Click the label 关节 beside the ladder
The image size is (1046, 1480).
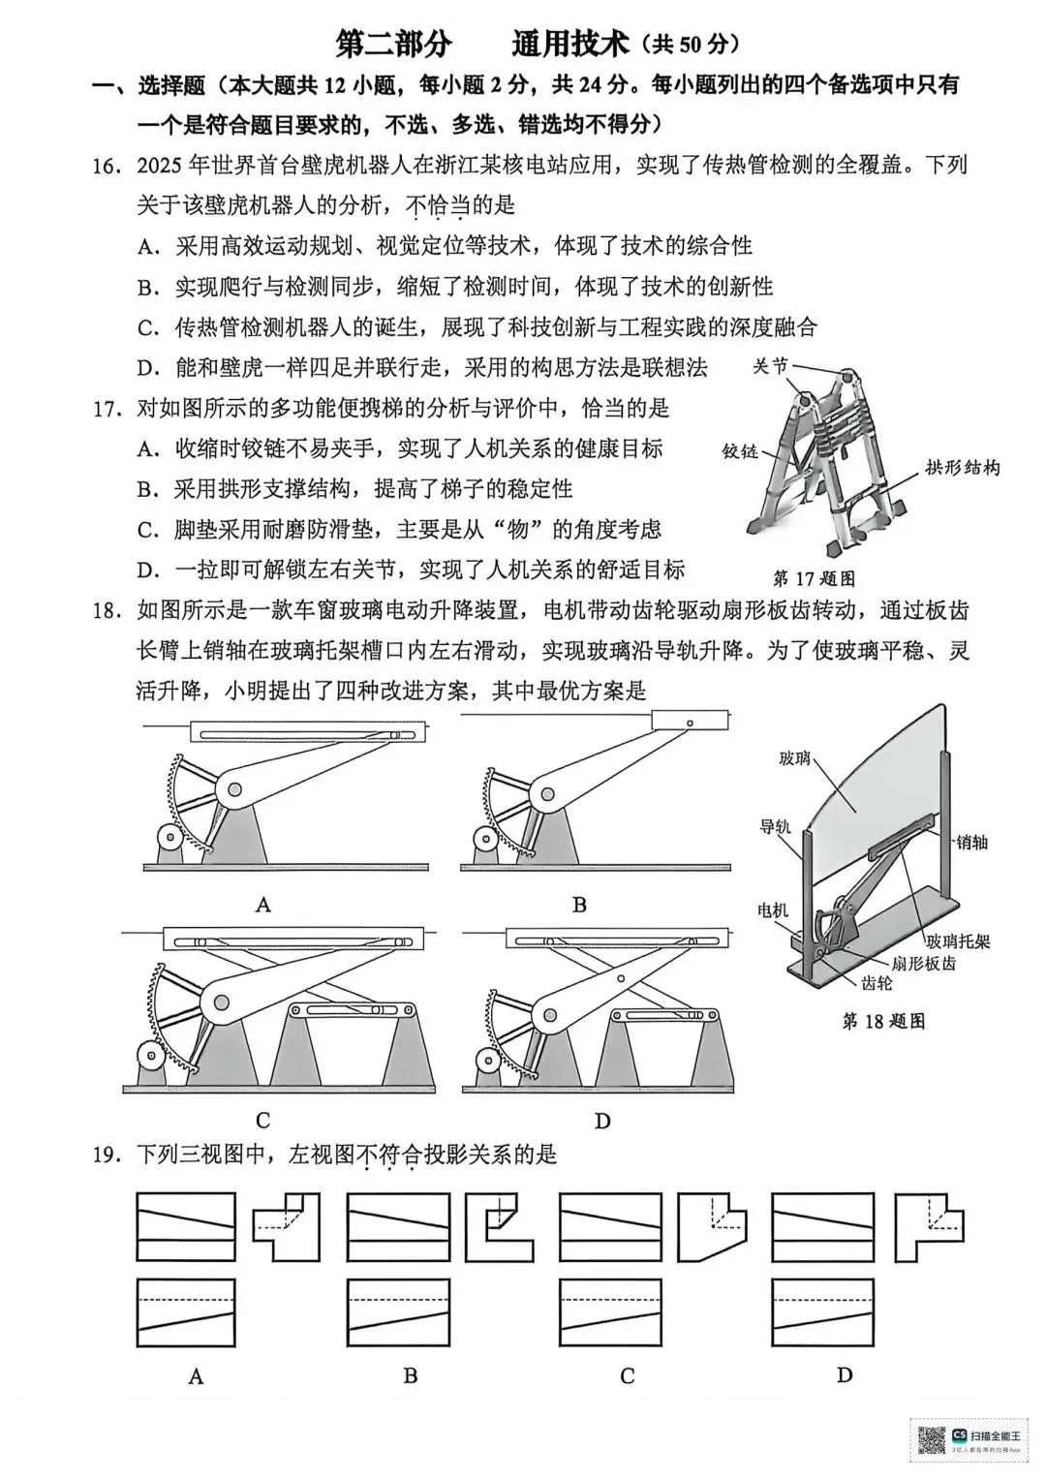coord(770,366)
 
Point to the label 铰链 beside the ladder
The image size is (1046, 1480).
coord(741,451)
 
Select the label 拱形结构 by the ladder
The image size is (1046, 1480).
coord(962,468)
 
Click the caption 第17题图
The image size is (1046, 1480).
coord(814,579)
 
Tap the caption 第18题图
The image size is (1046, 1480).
coord(883,1021)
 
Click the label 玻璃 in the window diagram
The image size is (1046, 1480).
coord(794,758)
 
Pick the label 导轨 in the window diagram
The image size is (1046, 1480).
coord(776,825)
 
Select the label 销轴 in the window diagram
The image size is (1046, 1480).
coord(970,842)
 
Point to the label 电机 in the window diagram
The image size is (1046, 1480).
coord(773,910)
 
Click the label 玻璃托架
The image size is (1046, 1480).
coord(958,940)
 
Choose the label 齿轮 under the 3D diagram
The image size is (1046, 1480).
coord(877,983)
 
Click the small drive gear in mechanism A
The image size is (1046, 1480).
coord(169,837)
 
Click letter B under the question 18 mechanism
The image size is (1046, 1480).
coord(579,905)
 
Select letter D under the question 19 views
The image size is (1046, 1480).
coord(845,1375)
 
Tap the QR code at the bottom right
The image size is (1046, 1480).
coord(931,1440)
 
